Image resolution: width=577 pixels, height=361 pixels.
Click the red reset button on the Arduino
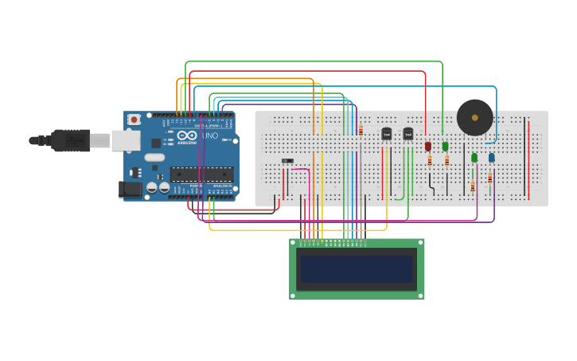coord(134,120)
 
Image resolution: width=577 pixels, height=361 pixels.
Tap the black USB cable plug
coord(68,140)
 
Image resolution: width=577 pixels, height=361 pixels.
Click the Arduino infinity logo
coord(187,136)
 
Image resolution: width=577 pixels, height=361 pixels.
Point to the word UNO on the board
coord(210,136)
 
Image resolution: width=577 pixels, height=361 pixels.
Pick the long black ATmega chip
coord(201,174)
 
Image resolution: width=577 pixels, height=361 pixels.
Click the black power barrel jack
coord(131,190)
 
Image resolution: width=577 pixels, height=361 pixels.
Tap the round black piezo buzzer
coord(474,117)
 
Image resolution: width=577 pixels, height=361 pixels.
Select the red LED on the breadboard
coord(428,146)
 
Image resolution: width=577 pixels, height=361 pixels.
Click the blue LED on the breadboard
coord(491,158)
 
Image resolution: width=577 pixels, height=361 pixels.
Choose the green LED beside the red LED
coord(445,146)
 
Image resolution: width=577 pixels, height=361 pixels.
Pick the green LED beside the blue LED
coord(474,158)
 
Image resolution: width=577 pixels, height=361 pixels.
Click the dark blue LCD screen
coord(357,269)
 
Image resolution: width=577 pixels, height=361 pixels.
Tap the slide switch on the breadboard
coord(287,161)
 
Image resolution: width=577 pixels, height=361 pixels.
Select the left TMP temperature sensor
coord(387,134)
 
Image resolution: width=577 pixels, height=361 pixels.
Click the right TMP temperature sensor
coord(408,134)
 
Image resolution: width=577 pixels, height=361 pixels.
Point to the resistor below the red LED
coord(430,161)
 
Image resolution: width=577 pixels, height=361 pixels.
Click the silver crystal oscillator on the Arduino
coord(154,157)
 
